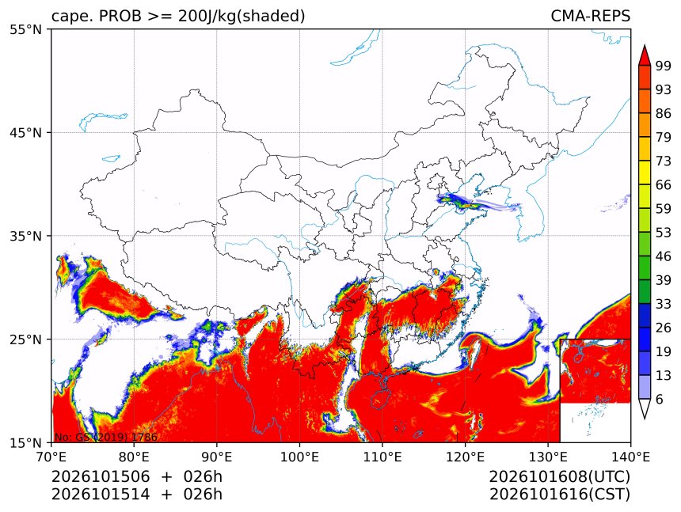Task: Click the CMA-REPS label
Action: tap(590, 16)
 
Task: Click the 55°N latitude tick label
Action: tap(25, 30)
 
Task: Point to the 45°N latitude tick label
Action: tap(25, 132)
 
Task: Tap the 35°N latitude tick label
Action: tap(25, 236)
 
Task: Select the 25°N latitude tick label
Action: tap(25, 339)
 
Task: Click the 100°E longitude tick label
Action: tap(299, 457)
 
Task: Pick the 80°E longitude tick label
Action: tap(134, 457)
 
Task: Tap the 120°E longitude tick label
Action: tap(465, 457)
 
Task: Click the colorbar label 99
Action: tap(664, 66)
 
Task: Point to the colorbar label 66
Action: tap(664, 185)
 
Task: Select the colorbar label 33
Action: tap(664, 304)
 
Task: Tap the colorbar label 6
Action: tap(660, 399)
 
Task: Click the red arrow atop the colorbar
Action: tap(644, 55)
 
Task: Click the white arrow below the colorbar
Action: tap(644, 409)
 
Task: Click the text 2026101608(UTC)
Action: tap(559, 477)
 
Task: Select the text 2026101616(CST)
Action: tap(559, 495)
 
